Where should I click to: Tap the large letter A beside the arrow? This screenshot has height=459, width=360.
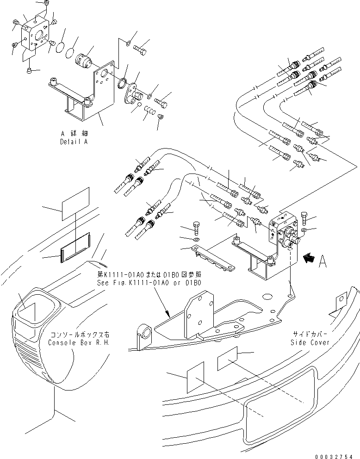click(x=323, y=261)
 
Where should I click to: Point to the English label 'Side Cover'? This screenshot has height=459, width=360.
click(x=310, y=342)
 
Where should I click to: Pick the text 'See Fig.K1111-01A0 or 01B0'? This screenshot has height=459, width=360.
click(x=149, y=283)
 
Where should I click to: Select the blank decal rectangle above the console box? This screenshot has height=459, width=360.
click(x=75, y=201)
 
